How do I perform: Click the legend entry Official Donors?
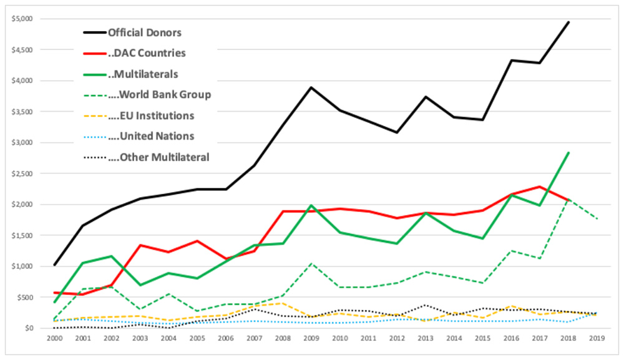[x=144, y=32]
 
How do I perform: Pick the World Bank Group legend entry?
[x=159, y=95]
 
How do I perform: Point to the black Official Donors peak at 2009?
[x=311, y=87]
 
